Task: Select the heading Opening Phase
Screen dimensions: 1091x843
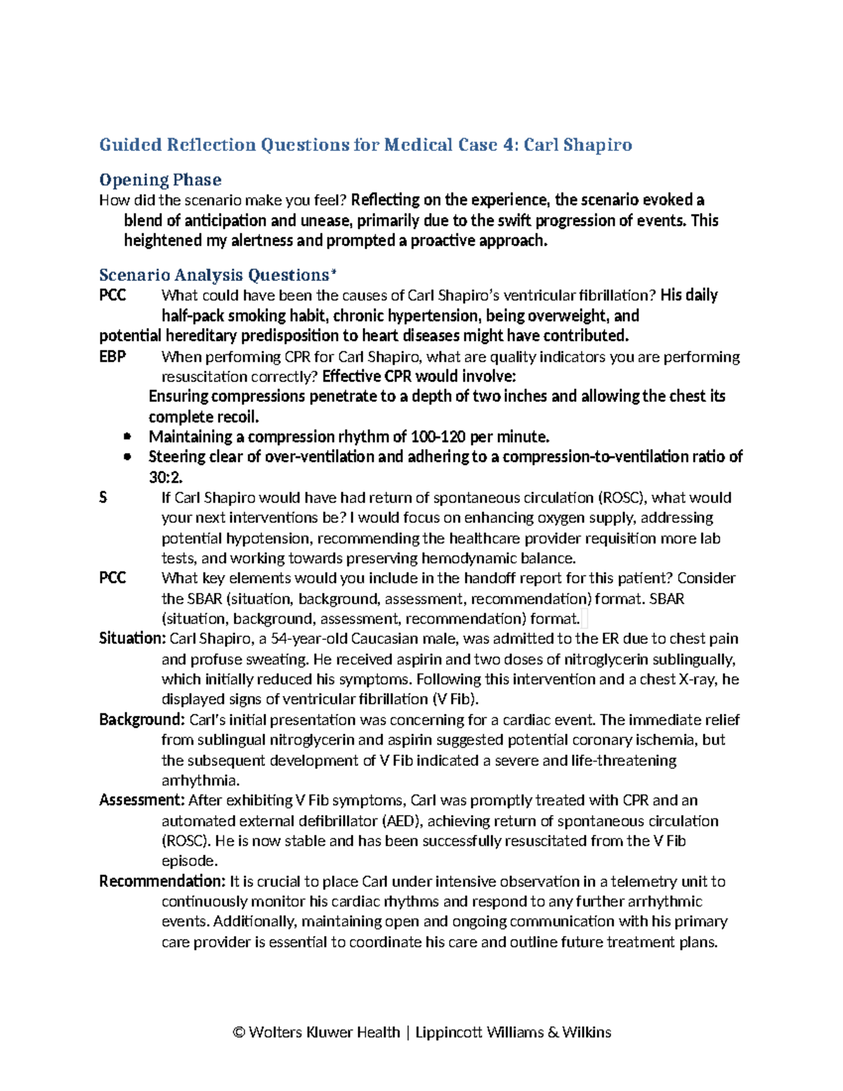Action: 160,180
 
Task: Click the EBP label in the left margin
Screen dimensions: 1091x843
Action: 112,357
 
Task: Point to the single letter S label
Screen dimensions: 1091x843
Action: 103,498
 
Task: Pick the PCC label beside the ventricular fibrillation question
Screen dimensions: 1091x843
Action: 112,296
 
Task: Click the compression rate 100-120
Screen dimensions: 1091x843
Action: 440,437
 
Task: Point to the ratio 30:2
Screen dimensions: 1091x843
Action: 165,478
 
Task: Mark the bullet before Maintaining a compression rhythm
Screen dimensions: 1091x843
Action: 127,437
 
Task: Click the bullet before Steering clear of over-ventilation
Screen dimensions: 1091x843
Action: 127,457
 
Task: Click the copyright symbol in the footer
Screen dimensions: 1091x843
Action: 239,1032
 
